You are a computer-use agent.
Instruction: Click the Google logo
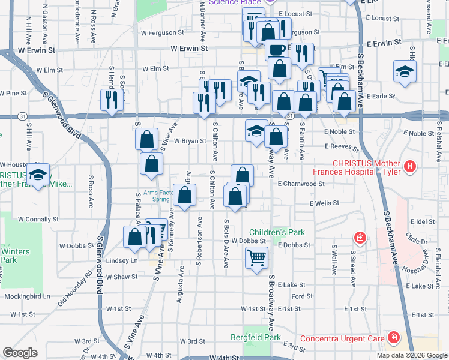coord(20,353)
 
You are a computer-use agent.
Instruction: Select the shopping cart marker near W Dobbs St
coord(256,258)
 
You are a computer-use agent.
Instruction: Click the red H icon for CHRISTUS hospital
coord(411,166)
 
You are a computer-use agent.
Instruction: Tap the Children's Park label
coord(277,232)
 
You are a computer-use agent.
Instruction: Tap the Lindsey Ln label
coord(122,261)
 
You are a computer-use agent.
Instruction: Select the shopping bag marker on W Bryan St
coord(146,140)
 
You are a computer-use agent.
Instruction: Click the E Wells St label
coord(324,203)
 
